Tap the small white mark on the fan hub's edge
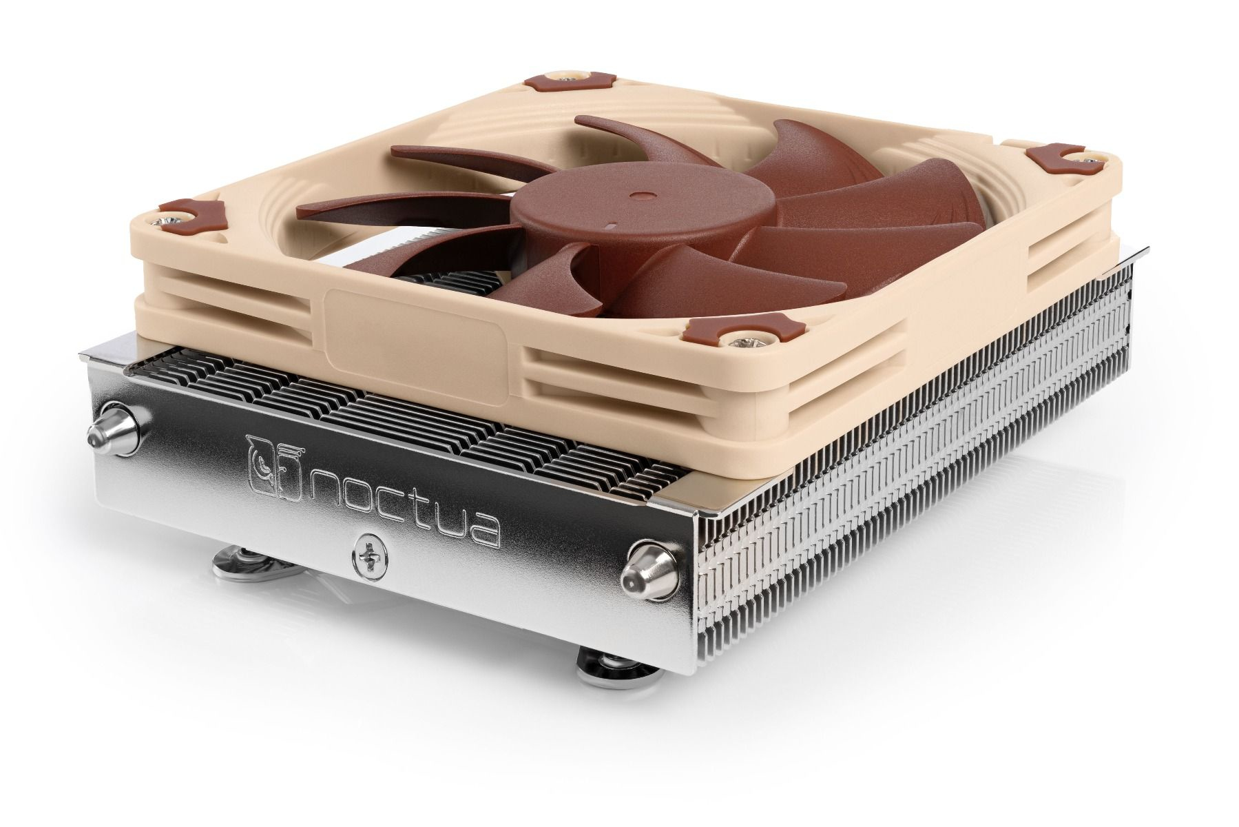click(x=610, y=225)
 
